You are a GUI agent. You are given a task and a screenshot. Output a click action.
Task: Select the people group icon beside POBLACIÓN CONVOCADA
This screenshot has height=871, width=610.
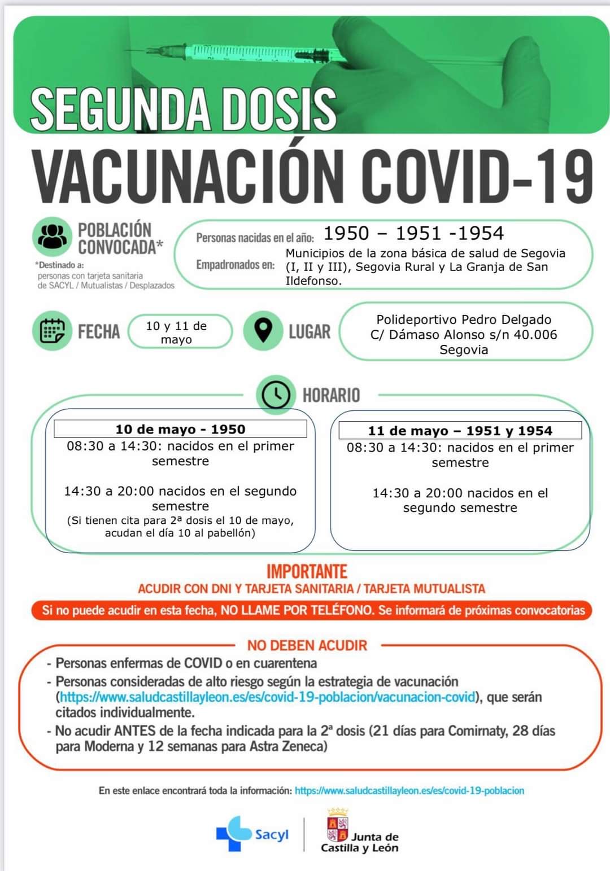click(x=52, y=238)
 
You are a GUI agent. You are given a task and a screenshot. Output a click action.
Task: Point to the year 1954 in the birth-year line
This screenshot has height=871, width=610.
click(x=481, y=233)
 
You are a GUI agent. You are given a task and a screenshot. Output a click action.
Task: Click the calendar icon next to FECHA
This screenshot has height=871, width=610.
click(x=52, y=331)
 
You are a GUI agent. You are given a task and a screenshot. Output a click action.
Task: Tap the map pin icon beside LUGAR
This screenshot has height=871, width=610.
click(x=263, y=330)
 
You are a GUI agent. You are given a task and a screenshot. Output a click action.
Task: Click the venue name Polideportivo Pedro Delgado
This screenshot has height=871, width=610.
click(x=464, y=319)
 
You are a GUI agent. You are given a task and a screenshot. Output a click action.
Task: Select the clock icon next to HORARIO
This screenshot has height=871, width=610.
click(x=276, y=394)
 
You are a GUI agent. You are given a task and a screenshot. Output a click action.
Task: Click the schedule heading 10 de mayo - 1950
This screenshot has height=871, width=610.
click(x=180, y=429)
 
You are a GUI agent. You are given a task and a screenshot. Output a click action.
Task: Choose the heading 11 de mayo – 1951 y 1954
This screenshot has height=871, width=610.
click(x=460, y=431)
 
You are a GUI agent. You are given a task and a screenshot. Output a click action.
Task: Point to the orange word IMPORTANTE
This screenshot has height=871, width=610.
click(x=307, y=571)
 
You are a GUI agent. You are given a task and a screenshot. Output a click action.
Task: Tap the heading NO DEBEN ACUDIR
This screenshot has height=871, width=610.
click(x=307, y=645)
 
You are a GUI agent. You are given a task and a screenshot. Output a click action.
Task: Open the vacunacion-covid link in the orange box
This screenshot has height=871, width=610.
click(x=267, y=697)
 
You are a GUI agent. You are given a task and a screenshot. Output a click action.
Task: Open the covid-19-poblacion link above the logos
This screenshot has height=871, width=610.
click(x=409, y=791)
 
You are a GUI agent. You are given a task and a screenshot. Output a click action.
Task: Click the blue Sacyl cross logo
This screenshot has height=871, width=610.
click(x=233, y=833)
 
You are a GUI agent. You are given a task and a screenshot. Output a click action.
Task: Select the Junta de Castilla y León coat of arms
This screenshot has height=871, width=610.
click(x=338, y=825)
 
